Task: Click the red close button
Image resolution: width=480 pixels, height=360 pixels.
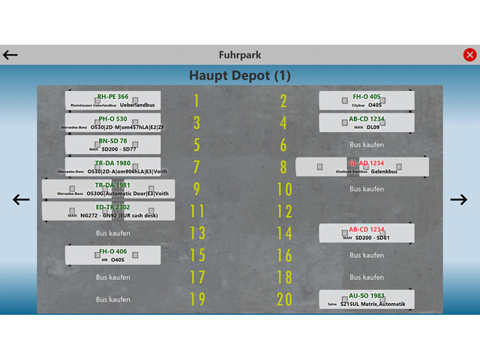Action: tap(469, 55)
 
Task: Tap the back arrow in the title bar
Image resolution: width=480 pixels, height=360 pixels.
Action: tap(10, 55)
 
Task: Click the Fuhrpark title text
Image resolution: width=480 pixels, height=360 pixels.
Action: tap(240, 55)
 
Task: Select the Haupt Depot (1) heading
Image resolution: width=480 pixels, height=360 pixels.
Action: tap(240, 75)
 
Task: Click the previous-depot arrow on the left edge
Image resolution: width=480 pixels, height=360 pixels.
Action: tap(21, 199)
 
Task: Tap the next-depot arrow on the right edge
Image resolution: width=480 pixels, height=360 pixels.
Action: tap(458, 199)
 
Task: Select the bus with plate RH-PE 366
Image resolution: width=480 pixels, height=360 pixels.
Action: tap(112, 100)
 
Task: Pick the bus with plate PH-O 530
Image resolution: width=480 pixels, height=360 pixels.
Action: tap(112, 122)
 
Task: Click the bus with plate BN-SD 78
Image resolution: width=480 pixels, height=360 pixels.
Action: tap(112, 144)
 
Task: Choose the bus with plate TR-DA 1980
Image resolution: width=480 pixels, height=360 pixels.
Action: tap(112, 166)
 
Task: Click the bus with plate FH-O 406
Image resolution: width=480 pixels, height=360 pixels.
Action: tap(112, 255)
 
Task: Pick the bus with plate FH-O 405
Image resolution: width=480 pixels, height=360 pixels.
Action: tap(366, 100)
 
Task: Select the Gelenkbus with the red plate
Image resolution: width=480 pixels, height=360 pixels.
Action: tap(362, 166)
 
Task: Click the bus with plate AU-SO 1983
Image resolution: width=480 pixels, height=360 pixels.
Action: tap(366, 299)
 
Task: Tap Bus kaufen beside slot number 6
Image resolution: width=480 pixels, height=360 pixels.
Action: tap(367, 144)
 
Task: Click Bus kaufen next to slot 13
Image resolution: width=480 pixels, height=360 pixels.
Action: tap(113, 233)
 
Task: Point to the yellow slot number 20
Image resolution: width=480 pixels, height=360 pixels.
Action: tap(283, 299)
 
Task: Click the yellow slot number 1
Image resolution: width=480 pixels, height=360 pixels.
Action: tap(196, 100)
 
